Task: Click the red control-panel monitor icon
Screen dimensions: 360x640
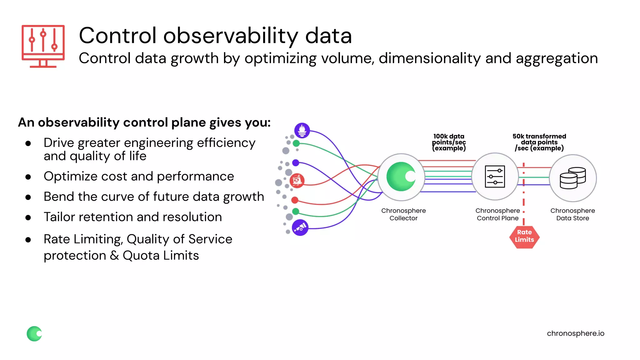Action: tap(43, 46)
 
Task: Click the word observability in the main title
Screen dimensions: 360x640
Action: tap(231, 36)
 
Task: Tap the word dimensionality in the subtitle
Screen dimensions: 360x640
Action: tap(429, 58)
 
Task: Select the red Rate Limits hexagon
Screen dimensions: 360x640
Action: tap(524, 237)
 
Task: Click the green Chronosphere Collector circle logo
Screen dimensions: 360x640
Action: tap(401, 177)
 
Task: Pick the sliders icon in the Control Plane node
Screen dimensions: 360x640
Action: tap(495, 177)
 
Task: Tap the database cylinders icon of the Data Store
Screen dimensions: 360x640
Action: tap(572, 178)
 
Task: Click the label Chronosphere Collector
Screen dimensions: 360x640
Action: tap(403, 214)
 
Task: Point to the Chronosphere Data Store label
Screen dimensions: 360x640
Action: tap(572, 214)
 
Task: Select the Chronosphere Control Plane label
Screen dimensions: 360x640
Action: tap(497, 214)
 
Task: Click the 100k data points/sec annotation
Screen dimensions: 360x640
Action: tap(449, 142)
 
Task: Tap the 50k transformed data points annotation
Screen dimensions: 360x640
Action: tap(539, 142)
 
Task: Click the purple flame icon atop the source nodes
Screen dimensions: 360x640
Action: tap(302, 130)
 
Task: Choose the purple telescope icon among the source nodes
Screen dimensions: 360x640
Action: tap(300, 227)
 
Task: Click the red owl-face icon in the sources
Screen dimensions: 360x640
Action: tap(297, 181)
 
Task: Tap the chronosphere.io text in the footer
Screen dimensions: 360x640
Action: tap(575, 333)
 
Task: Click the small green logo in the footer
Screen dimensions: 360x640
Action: tap(34, 334)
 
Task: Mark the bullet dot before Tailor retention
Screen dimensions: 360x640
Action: tap(28, 217)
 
